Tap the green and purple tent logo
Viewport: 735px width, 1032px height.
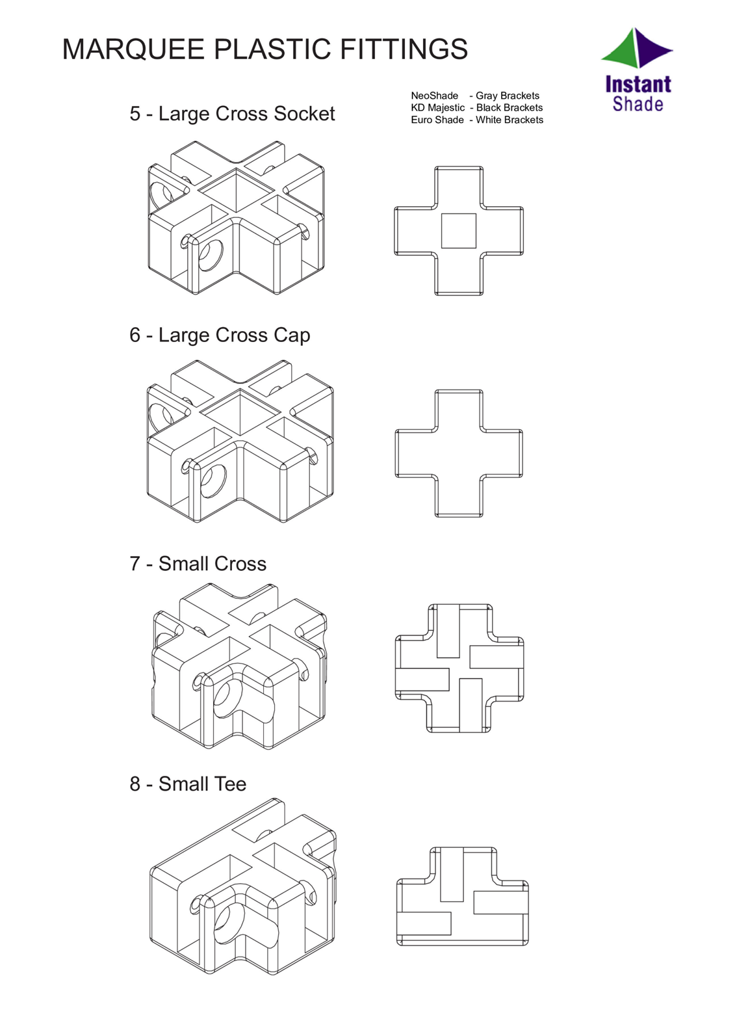point(636,49)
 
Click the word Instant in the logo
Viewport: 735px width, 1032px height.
point(638,85)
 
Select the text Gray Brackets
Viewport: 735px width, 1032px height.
point(507,96)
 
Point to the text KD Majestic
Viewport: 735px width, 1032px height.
point(437,108)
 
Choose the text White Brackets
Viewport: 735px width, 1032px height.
point(509,120)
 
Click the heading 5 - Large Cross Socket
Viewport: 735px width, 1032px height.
point(232,114)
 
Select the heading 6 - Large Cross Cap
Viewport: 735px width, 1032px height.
point(220,336)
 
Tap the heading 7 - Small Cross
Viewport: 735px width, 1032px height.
point(198,564)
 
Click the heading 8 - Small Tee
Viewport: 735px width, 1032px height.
point(188,784)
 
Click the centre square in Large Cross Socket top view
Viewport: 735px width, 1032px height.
point(459,231)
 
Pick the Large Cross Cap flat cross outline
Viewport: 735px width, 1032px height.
point(459,453)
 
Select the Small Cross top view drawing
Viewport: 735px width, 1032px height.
point(459,668)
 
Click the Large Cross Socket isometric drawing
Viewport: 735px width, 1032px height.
point(236,218)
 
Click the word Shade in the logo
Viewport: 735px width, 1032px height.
point(638,105)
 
